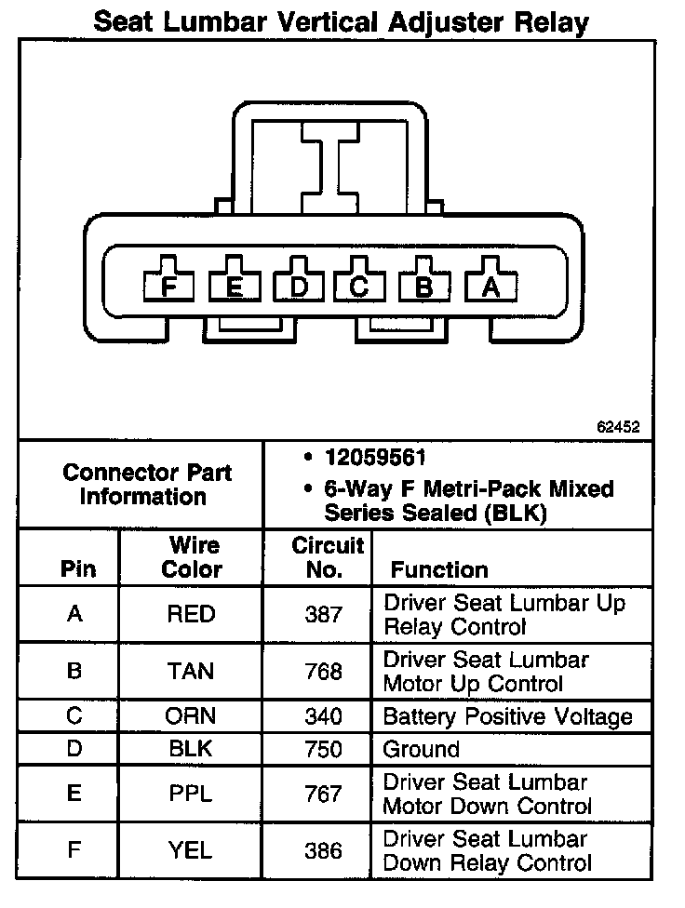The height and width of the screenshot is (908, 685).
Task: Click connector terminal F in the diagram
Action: [168, 285]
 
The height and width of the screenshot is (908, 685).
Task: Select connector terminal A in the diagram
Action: [490, 285]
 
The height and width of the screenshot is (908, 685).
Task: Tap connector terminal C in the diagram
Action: [359, 285]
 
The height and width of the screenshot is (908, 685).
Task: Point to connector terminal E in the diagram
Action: [234, 285]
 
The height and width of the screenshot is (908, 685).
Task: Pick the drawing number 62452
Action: [618, 427]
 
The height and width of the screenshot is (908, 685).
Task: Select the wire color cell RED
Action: [192, 614]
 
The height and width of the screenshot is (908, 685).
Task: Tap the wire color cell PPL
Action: [192, 794]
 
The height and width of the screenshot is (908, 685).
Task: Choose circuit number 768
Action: [323, 671]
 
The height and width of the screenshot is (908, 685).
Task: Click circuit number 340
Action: [323, 716]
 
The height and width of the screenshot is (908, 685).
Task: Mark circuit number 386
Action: [323, 850]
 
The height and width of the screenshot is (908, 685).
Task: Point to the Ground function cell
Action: [422, 749]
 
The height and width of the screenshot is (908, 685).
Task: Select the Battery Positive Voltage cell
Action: [508, 716]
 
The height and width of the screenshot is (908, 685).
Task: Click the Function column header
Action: [439, 569]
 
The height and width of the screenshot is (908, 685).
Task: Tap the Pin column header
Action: [77, 569]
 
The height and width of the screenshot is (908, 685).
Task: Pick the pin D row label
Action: [75, 749]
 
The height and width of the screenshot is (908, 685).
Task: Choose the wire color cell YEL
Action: [192, 850]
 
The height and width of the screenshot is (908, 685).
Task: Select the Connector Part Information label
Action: [147, 484]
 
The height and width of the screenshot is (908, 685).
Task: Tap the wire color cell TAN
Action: [192, 671]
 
